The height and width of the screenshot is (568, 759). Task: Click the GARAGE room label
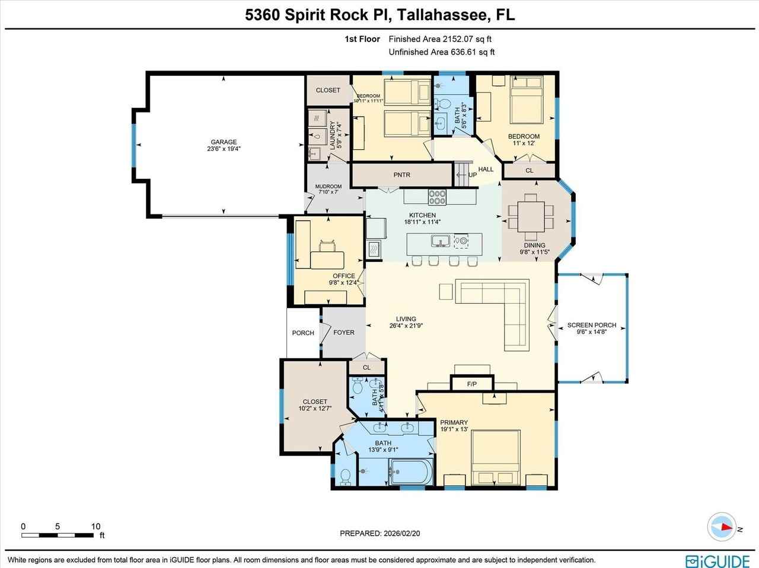224,142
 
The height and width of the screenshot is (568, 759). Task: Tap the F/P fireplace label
472,384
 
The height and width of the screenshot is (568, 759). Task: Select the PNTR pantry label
401,175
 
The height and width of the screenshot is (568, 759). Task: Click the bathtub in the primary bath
412,473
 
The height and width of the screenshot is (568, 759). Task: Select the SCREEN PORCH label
592,325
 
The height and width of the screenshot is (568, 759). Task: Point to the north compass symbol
723,527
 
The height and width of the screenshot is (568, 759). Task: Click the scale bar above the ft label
58,535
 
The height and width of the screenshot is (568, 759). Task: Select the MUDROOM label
328,187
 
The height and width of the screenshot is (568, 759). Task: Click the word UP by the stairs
473,175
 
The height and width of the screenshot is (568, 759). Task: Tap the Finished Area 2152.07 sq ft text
440,39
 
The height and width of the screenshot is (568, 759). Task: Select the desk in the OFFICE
327,258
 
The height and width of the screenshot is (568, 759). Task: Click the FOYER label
344,332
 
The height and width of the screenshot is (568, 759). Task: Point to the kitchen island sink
439,240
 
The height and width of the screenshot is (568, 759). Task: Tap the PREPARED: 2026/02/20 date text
380,533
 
